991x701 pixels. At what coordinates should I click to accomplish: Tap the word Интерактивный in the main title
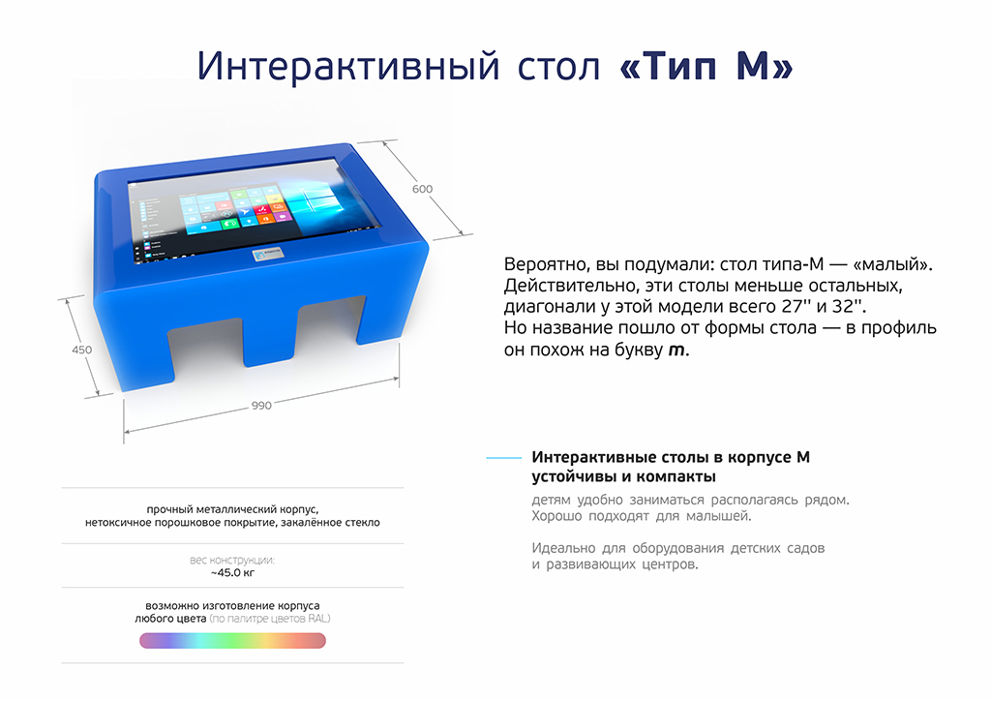[x=348, y=67]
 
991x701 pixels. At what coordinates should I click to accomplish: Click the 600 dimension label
[x=422, y=189]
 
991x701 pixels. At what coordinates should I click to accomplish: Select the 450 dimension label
[x=81, y=350]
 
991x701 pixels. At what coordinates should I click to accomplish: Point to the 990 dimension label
[x=261, y=405]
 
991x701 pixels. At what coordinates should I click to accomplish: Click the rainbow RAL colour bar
[x=232, y=640]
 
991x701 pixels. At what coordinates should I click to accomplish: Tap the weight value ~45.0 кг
[x=232, y=572]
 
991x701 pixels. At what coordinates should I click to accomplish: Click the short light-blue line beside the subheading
[x=503, y=458]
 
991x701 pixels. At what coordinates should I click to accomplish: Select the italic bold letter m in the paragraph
[x=676, y=350]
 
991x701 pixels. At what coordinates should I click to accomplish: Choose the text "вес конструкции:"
[x=232, y=560]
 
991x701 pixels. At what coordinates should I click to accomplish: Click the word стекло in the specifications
[x=362, y=523]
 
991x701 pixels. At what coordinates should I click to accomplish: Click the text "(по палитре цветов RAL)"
[x=270, y=619]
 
